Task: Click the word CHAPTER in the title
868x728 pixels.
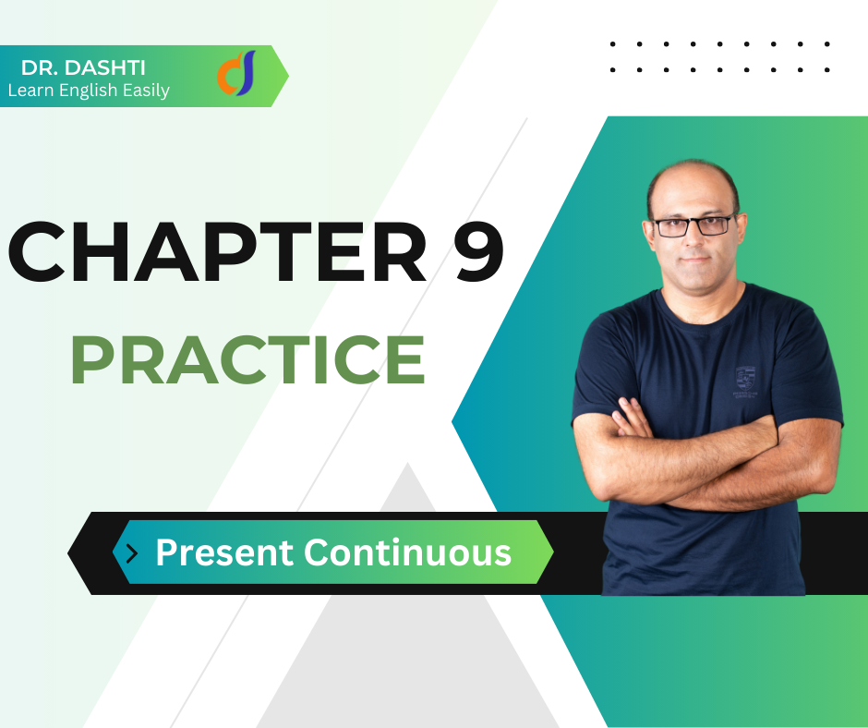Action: point(218,251)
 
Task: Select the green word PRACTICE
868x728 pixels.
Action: point(248,359)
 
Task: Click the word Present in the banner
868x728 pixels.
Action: point(224,552)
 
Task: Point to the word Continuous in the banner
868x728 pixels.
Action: point(407,552)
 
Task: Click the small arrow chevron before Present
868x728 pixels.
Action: point(132,552)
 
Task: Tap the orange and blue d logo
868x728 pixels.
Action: point(237,73)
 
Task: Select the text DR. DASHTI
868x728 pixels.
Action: point(83,67)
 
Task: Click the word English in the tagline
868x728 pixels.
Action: point(88,91)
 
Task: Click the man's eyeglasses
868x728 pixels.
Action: point(694,225)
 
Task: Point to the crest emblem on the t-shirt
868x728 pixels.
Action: point(745,382)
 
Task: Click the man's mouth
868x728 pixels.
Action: point(695,260)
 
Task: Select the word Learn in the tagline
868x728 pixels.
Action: point(30,91)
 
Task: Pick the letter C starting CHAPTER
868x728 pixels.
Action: point(37,251)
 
